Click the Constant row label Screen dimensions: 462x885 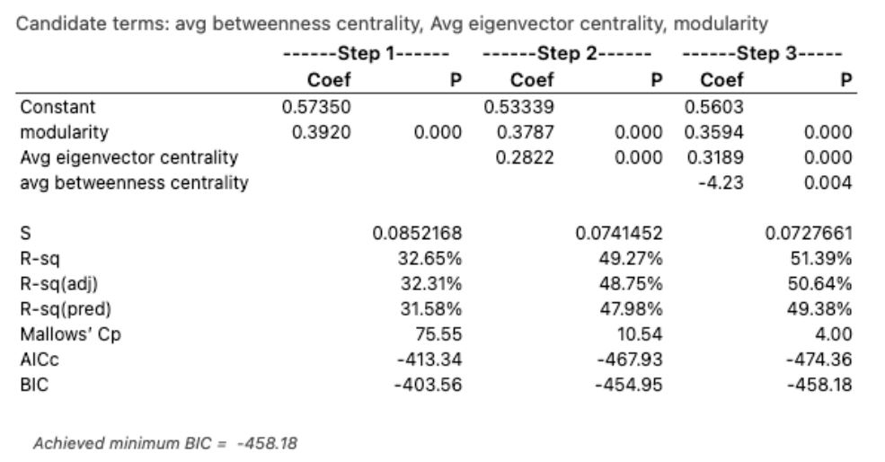click(58, 107)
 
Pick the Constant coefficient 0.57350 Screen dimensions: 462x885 click(316, 107)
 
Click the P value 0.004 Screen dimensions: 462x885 click(832, 184)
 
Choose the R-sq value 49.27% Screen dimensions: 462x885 click(635, 262)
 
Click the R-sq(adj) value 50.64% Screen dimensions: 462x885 click(826, 287)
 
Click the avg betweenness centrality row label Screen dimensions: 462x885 click(134, 184)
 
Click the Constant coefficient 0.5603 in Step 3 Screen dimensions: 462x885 click(715, 107)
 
